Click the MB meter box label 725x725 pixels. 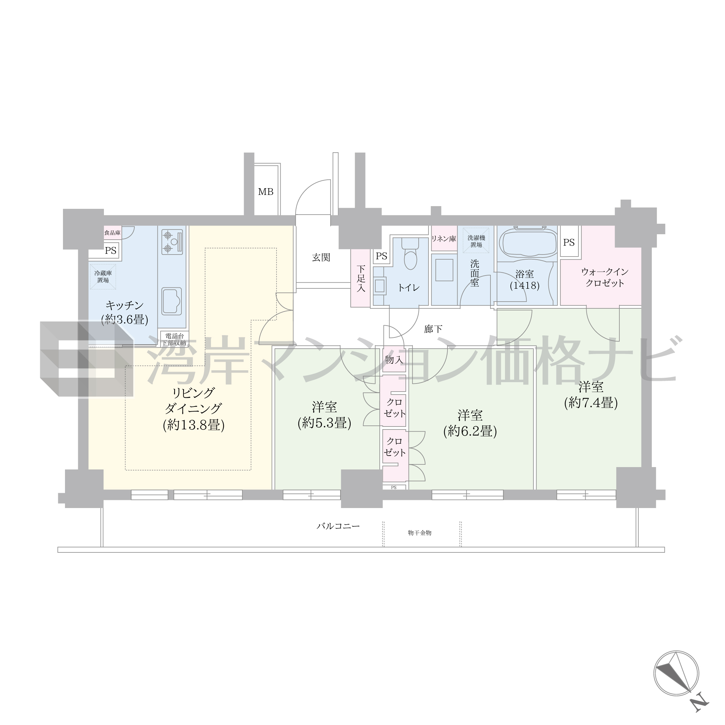pyautogui.click(x=266, y=192)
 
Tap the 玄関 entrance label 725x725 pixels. pyautogui.click(x=321, y=258)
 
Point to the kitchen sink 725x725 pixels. pyautogui.click(x=172, y=301)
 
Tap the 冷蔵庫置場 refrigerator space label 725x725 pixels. pyautogui.click(x=103, y=277)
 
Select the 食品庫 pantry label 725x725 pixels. pyautogui.click(x=112, y=233)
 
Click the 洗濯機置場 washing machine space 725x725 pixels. pyautogui.click(x=476, y=241)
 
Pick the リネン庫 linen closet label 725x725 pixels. pyautogui.click(x=443, y=239)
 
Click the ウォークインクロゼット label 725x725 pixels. pyautogui.click(x=605, y=277)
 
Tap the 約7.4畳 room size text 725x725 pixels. pyautogui.click(x=591, y=403)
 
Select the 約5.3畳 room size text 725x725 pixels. pyautogui.click(x=324, y=423)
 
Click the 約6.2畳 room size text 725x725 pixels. pyautogui.click(x=470, y=432)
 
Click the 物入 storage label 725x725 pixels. pyautogui.click(x=394, y=360)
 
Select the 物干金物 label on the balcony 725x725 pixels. pyautogui.click(x=420, y=533)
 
